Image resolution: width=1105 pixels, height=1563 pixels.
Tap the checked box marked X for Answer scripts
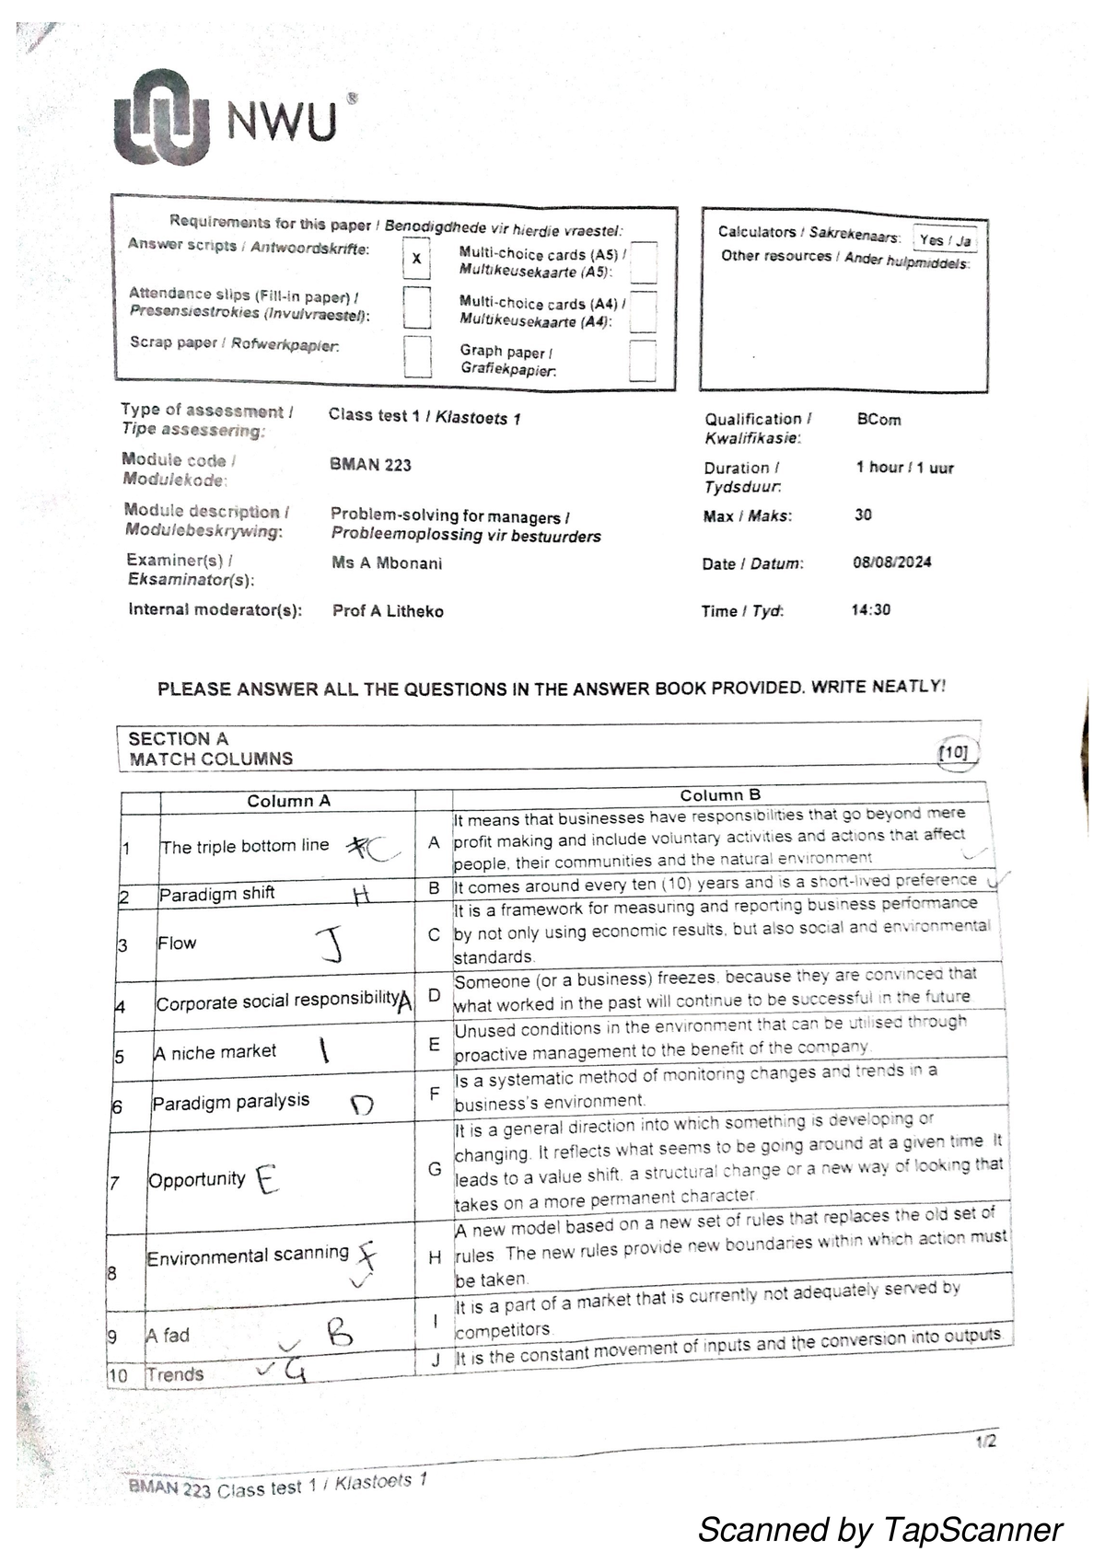click(x=417, y=259)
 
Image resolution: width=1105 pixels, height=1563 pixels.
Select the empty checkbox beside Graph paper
click(x=643, y=360)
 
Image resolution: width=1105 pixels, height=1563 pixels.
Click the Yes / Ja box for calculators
click(x=945, y=240)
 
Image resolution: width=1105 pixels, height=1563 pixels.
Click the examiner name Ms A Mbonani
click(x=387, y=562)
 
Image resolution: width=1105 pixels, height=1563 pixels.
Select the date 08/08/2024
click(x=892, y=562)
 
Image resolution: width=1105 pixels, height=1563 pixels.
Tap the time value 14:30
click(x=871, y=609)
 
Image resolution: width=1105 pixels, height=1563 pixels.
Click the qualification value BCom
click(x=878, y=420)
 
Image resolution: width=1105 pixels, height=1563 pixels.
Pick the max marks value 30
click(x=863, y=515)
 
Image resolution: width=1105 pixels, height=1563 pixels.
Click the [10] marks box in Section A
click(x=954, y=753)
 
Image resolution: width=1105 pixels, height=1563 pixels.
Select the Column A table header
click(x=288, y=801)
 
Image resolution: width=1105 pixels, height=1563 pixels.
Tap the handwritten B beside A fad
click(x=338, y=1332)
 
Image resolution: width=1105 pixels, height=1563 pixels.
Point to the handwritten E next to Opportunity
click(x=266, y=1178)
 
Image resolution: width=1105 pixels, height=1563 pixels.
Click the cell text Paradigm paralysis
click(x=230, y=1101)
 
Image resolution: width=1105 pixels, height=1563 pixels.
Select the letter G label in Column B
click(x=435, y=1169)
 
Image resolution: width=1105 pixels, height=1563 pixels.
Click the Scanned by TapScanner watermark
click(x=879, y=1530)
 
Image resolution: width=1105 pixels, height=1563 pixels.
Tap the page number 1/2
click(x=985, y=1441)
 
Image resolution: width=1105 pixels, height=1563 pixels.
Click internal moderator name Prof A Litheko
click(x=388, y=611)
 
